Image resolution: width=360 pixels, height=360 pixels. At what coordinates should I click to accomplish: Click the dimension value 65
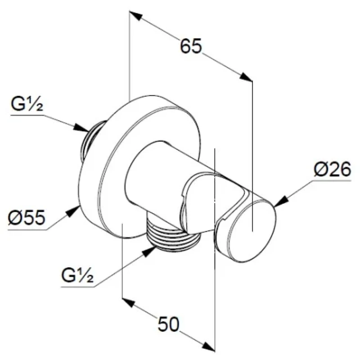tap(191, 46)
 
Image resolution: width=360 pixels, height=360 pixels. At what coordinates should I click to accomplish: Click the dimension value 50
tap(169, 324)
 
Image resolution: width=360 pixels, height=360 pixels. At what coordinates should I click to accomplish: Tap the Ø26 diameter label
tap(333, 169)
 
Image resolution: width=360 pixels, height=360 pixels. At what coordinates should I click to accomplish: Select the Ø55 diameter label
tap(27, 217)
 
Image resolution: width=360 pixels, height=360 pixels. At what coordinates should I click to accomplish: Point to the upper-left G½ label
tap(27, 105)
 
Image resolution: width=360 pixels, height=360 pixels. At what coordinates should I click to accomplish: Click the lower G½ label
tap(77, 275)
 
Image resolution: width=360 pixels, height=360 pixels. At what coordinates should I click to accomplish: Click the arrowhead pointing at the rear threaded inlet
tap(81, 128)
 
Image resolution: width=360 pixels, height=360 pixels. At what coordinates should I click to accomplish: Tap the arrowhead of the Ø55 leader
tap(73, 211)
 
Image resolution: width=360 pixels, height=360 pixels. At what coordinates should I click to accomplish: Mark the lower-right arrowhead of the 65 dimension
tap(246, 77)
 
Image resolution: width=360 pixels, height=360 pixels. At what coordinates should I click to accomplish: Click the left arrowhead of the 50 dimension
tap(129, 302)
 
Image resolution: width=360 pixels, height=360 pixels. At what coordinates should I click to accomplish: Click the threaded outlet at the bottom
tap(173, 235)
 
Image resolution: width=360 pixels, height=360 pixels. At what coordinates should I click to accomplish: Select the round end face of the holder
tap(252, 231)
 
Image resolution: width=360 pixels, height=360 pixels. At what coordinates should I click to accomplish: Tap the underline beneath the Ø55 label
tap(27, 229)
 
